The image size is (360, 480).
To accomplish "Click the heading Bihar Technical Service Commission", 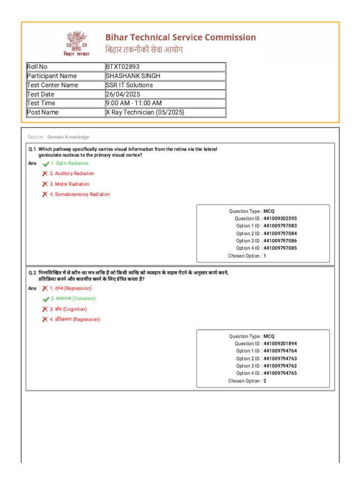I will pyautogui.click(x=180, y=37).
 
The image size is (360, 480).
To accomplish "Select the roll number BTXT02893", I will pyautogui.click(x=123, y=67).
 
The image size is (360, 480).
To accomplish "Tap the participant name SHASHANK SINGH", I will pyautogui.click(x=133, y=76).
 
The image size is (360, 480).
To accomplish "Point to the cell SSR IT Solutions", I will pyautogui.click(x=129, y=85).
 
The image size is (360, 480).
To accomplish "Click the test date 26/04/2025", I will pyautogui.click(x=123, y=94).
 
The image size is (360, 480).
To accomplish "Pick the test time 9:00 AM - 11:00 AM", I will pyautogui.click(x=134, y=103).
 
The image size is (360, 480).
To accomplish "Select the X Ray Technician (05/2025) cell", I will pyautogui.click(x=145, y=112).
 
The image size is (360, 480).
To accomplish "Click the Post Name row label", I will pyautogui.click(x=43, y=112).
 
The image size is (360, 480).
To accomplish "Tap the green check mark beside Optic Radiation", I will pyautogui.click(x=45, y=164).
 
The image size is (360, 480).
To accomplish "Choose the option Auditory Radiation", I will pyautogui.click(x=74, y=173).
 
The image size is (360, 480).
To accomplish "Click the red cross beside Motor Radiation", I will pyautogui.click(x=45, y=184).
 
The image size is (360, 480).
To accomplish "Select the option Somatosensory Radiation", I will pyautogui.click(x=82, y=194).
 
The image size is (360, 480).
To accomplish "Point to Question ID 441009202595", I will pyautogui.click(x=280, y=218).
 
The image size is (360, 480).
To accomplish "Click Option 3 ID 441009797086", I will pyautogui.click(x=280, y=241).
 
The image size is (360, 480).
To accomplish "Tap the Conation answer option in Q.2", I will pyautogui.click(x=75, y=299).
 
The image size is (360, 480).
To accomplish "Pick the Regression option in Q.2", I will pyautogui.click(x=77, y=320).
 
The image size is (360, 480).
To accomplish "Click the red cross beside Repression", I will pyautogui.click(x=45, y=288).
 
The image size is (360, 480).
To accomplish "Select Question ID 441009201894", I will pyautogui.click(x=280, y=344).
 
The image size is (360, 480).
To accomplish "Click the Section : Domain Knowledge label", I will pyautogui.click(x=59, y=137).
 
